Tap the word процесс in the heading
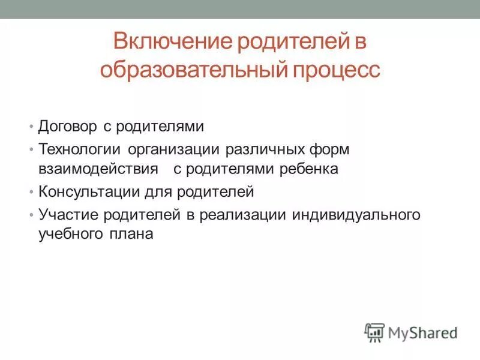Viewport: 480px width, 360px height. (337, 70)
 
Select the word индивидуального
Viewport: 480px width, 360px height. (355, 214)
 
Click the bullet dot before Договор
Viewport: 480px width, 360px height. (31, 127)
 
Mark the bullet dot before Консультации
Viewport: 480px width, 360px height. (31, 193)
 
